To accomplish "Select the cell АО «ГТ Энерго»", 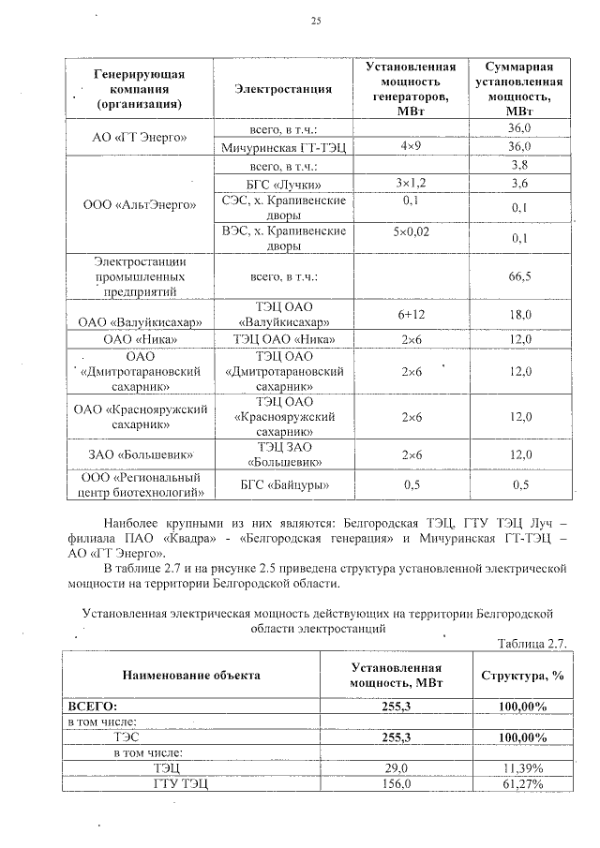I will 141,137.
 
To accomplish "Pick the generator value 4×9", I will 410,147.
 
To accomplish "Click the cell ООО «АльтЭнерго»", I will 141,202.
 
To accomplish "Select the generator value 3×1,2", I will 410,184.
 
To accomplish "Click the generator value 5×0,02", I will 410,231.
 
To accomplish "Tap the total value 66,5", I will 519,277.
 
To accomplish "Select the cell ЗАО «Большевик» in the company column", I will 141,455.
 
